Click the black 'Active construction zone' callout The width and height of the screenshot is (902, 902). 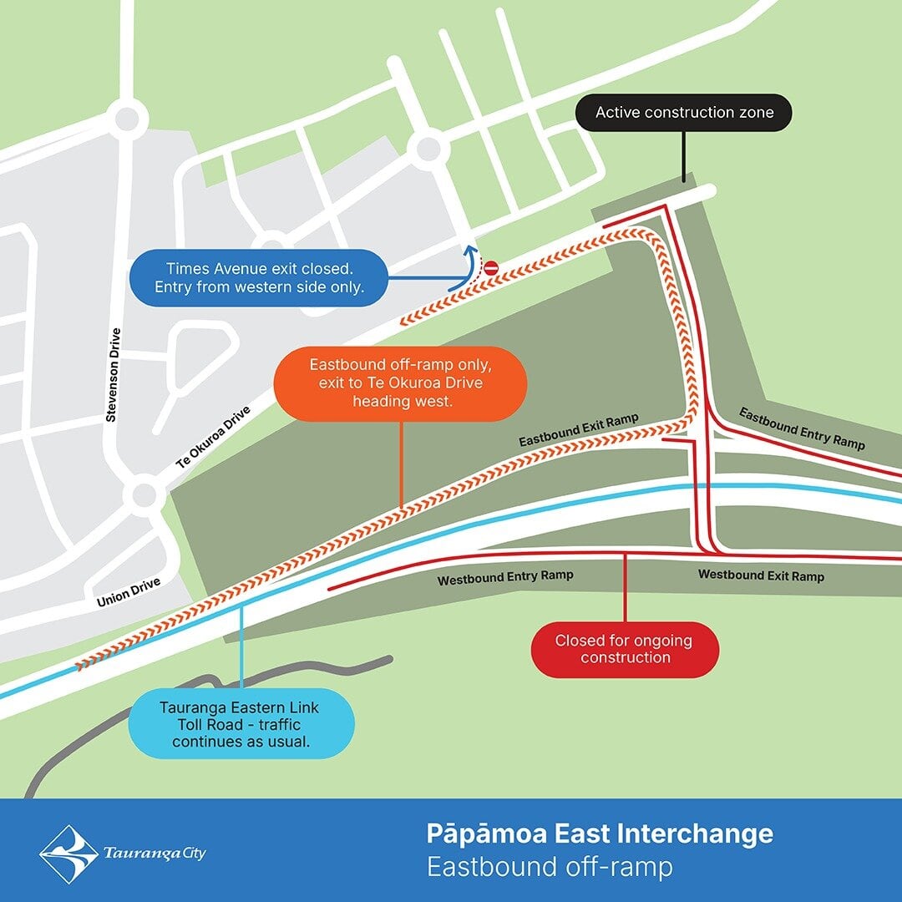(684, 113)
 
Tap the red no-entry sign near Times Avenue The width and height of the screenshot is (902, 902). (491, 268)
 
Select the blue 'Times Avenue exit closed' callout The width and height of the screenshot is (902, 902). (259, 278)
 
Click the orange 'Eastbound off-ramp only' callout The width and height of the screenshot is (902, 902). (401, 383)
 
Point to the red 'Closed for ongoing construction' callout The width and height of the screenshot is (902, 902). (625, 649)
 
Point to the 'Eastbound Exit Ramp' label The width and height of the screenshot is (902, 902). (578, 429)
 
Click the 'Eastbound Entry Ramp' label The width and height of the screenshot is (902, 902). (802, 428)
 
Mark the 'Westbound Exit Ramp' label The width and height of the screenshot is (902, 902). (761, 575)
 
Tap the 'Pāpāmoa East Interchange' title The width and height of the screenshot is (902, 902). (600, 834)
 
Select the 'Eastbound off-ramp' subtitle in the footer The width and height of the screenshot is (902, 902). (550, 867)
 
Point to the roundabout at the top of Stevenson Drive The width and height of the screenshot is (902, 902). (128, 118)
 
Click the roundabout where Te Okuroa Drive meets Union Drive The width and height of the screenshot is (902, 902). (144, 494)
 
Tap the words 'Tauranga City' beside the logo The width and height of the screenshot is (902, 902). (155, 854)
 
